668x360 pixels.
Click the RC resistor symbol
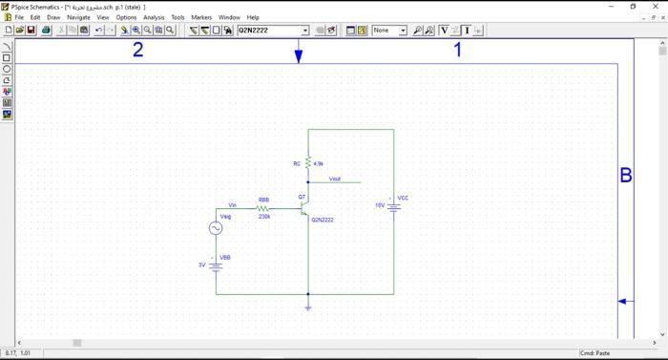(x=308, y=163)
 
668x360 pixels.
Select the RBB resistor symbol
(x=263, y=208)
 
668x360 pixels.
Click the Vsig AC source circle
(x=216, y=228)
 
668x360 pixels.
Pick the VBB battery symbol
(x=216, y=265)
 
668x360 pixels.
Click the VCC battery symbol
(x=393, y=205)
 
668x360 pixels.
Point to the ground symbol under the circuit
(x=308, y=307)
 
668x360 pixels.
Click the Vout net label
(x=334, y=179)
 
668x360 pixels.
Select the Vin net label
(x=233, y=205)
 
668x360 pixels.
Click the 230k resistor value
(x=264, y=217)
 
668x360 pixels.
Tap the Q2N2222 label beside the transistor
(x=323, y=220)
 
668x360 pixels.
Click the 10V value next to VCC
(x=380, y=205)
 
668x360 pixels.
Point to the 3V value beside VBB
(x=201, y=265)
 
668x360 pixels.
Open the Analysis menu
(x=153, y=17)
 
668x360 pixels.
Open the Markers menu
(x=201, y=17)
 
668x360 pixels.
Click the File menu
(x=19, y=17)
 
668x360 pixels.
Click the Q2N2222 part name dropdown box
(x=272, y=31)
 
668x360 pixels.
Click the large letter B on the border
(x=626, y=175)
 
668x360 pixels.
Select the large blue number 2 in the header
(x=137, y=50)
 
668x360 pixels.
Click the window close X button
(x=657, y=6)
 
